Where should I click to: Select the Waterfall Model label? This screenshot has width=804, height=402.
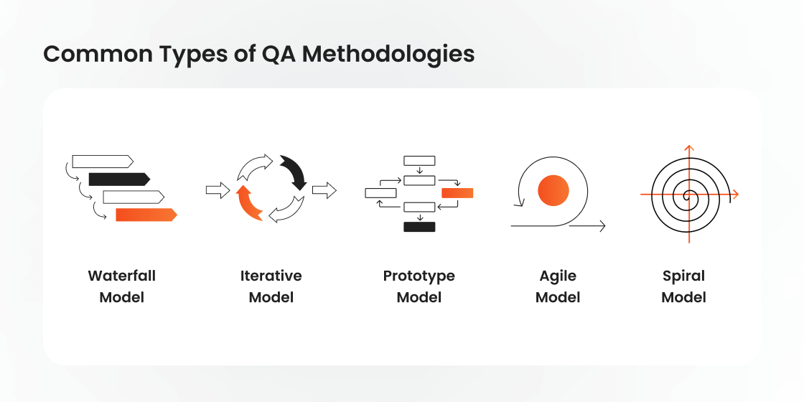(x=122, y=286)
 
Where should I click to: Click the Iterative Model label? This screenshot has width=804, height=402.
(x=271, y=286)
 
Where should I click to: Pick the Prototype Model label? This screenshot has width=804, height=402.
(x=419, y=286)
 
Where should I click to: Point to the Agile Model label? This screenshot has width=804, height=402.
(x=558, y=286)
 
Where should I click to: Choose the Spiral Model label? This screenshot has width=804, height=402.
(x=683, y=286)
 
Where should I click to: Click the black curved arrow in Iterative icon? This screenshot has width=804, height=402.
(x=294, y=172)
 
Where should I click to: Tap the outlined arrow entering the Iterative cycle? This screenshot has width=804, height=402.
(x=218, y=190)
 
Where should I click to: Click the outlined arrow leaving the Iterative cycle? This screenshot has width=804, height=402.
(x=324, y=190)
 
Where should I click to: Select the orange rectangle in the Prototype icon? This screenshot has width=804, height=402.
(x=457, y=192)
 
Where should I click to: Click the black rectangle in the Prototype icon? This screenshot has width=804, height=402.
(x=419, y=227)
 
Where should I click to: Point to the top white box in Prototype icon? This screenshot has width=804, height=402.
(x=419, y=160)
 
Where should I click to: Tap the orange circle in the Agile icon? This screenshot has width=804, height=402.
(x=553, y=190)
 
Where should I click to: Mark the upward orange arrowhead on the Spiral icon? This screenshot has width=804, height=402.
(x=688, y=149)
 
